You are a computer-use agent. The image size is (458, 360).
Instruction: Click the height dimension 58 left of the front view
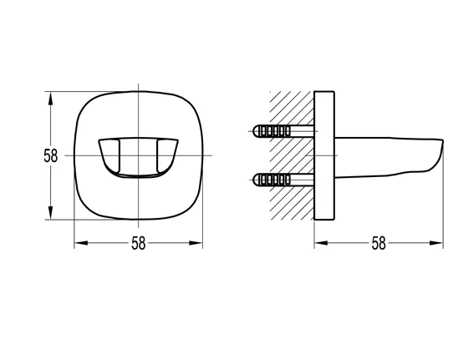point(51,155)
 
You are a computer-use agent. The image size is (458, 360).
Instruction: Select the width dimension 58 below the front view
point(138,244)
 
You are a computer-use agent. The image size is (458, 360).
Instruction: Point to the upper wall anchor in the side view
point(276,131)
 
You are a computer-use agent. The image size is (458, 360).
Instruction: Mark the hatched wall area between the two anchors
point(288,155)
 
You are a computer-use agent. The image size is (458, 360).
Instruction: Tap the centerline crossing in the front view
point(139,155)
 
